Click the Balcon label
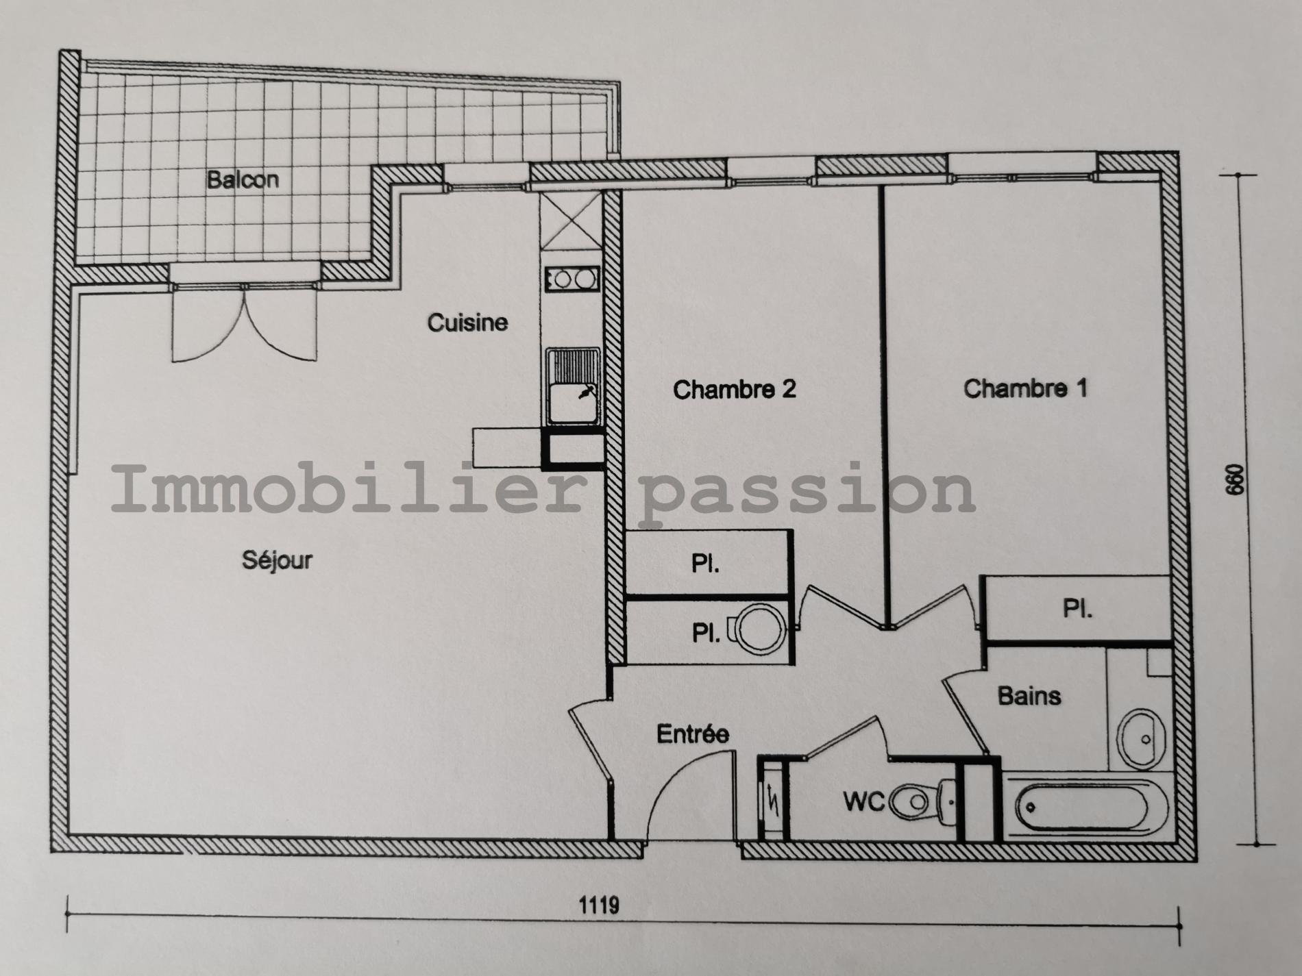243,179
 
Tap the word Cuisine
467,322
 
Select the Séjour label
277,560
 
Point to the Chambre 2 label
735,390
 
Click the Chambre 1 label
1025,388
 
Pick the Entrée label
693,734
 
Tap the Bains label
1029,696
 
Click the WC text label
864,801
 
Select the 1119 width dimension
600,905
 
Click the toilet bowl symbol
922,801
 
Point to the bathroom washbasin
1141,739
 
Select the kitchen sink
573,386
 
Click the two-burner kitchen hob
572,279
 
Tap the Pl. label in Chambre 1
1077,609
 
